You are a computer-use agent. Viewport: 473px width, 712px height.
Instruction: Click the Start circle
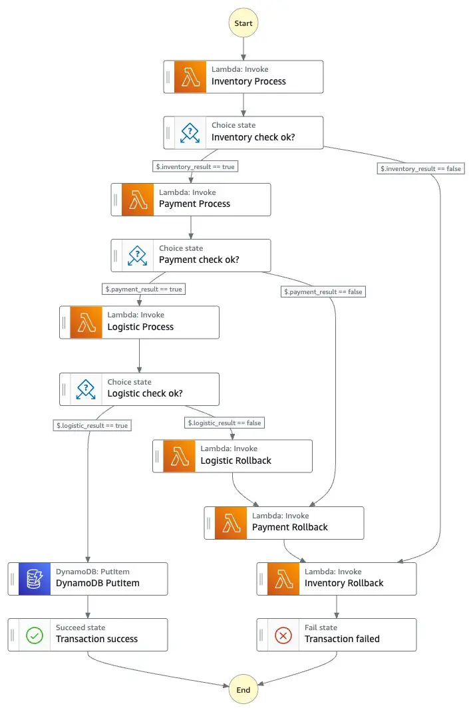pyautogui.click(x=243, y=23)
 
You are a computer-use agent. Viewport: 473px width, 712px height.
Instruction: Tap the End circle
pyautogui.click(x=243, y=689)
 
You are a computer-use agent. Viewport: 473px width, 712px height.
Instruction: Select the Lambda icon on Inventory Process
pyautogui.click(x=190, y=77)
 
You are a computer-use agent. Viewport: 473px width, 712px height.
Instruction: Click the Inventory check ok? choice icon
pyautogui.click(x=190, y=132)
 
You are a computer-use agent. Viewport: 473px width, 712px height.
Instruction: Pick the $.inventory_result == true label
pyautogui.click(x=195, y=166)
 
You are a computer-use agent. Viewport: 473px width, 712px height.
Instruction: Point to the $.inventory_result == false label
pyautogui.click(x=420, y=168)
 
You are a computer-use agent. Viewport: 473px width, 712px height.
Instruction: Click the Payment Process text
pyautogui.click(x=194, y=204)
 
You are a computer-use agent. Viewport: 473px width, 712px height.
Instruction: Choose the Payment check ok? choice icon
pyautogui.click(x=138, y=255)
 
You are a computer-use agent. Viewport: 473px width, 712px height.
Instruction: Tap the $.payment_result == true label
pyautogui.click(x=143, y=289)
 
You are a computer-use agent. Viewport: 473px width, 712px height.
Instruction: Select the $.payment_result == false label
pyautogui.click(x=324, y=291)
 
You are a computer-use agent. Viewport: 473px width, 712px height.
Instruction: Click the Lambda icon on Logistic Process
pyautogui.click(x=86, y=322)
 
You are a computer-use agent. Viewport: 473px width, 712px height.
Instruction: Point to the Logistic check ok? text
pyautogui.click(x=145, y=393)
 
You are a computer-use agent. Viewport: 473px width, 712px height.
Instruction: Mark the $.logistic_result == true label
pyautogui.click(x=92, y=425)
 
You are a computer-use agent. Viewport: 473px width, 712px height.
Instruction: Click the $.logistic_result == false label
pyautogui.click(x=224, y=423)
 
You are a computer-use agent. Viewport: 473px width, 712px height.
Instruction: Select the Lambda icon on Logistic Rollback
pyautogui.click(x=179, y=456)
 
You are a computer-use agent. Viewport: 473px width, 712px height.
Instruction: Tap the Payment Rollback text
pyautogui.click(x=289, y=527)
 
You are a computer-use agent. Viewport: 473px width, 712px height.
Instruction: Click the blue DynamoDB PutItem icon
pyautogui.click(x=35, y=578)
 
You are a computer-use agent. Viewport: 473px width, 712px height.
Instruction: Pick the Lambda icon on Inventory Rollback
pyautogui.click(x=283, y=578)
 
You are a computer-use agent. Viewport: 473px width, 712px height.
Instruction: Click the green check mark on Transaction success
pyautogui.click(x=35, y=635)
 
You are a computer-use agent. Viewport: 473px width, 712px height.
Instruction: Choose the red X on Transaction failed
pyautogui.click(x=283, y=635)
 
